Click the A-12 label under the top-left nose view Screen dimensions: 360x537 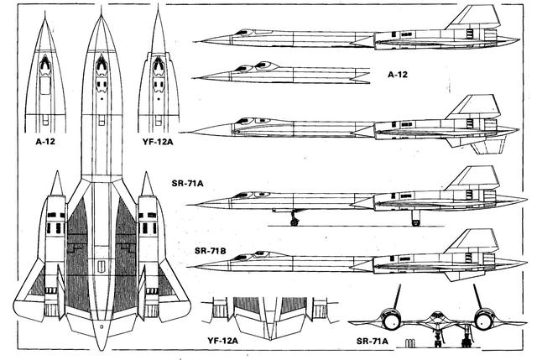pos(44,142)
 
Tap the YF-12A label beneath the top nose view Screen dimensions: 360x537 pos(159,142)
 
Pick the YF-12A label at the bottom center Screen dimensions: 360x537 pos(222,342)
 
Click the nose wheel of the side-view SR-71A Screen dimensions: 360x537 pos(295,221)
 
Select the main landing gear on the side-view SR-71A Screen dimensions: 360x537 pos(415,218)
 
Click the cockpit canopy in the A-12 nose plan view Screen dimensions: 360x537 pos(44,65)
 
